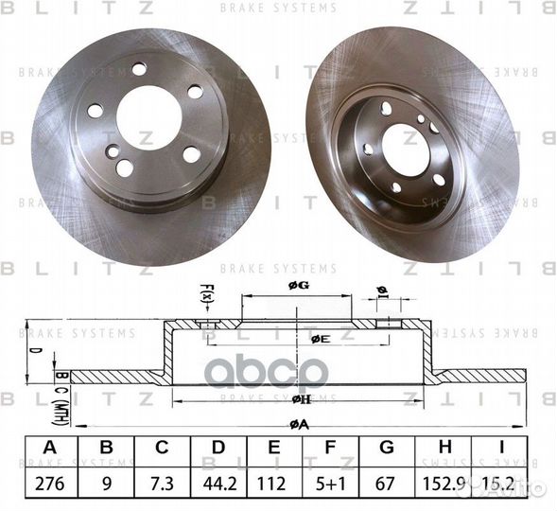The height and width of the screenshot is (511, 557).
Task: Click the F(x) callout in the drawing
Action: click(209, 296)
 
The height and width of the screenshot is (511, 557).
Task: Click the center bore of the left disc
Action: click(148, 116)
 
